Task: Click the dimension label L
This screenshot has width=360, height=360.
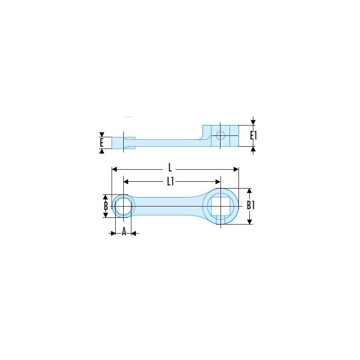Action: (170, 168)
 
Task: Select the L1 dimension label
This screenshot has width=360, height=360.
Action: (170, 181)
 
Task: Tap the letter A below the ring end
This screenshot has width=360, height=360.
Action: (124, 232)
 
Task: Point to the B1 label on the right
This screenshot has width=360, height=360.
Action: (251, 206)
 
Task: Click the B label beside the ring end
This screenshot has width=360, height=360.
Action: (106, 206)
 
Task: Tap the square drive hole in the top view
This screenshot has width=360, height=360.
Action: (220, 206)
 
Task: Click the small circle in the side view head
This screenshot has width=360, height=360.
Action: (220, 135)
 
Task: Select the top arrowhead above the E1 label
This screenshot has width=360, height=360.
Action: (253, 121)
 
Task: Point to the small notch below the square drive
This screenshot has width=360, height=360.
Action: (220, 219)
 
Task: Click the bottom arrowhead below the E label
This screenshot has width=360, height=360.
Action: (102, 151)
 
